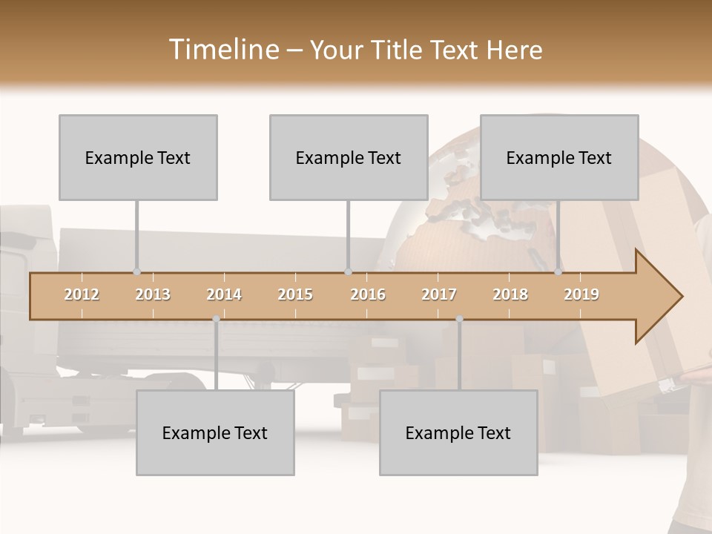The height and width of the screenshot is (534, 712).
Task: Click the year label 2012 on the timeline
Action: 82,294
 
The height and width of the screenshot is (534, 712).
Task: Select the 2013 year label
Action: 153,294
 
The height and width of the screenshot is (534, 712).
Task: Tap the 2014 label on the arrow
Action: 224,294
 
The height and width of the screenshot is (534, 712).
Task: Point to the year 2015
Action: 295,294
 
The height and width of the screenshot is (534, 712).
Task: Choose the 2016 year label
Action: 368,294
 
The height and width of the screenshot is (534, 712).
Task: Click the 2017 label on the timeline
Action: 439,294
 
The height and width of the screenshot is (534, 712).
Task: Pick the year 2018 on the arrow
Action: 510,294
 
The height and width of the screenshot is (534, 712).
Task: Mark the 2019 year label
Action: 581,294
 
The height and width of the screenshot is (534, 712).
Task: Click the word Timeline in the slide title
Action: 222,50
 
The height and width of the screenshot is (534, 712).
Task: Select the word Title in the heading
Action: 397,50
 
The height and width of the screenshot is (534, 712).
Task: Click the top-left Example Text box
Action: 138,157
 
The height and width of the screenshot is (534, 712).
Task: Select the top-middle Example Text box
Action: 349,157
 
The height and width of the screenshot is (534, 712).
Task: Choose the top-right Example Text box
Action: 559,157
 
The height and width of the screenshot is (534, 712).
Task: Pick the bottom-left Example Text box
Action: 215,432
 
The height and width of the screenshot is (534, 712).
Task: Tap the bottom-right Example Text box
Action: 458,432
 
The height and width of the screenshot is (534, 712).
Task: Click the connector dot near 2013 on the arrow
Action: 136,272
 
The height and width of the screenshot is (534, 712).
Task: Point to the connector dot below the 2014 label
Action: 216,319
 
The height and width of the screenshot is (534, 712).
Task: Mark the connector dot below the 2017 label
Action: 459,319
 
